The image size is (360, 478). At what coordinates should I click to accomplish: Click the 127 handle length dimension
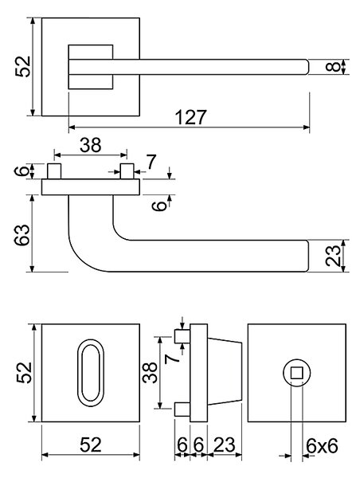click(x=191, y=117)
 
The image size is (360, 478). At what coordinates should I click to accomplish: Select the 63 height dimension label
click(x=22, y=235)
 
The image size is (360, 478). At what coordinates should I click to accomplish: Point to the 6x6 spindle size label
click(x=322, y=446)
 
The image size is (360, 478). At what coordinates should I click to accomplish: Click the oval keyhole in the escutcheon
click(x=91, y=373)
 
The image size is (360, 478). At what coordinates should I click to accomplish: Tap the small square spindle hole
click(x=296, y=373)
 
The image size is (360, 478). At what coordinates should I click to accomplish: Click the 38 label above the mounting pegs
click(x=91, y=145)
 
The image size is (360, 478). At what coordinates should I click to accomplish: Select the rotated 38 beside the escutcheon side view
click(x=150, y=373)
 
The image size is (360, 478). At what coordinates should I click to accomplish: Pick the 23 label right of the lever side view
click(x=332, y=256)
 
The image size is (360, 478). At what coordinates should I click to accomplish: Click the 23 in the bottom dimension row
click(x=225, y=445)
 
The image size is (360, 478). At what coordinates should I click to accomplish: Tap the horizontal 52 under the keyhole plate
click(x=91, y=445)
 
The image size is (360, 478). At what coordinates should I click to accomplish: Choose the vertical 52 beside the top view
click(x=23, y=67)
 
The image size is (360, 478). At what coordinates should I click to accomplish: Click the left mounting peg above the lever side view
click(x=54, y=171)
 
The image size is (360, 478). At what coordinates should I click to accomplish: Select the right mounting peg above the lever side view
click(x=127, y=171)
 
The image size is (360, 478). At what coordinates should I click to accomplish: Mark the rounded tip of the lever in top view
click(x=306, y=67)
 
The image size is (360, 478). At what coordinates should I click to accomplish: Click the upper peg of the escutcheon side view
click(x=182, y=336)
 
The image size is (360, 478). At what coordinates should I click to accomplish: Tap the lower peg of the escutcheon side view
click(x=182, y=409)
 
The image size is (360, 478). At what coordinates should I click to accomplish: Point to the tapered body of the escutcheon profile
click(x=225, y=373)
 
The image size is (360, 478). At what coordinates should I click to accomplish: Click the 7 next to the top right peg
click(x=151, y=162)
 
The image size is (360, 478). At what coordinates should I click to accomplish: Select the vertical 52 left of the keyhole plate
click(x=24, y=373)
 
